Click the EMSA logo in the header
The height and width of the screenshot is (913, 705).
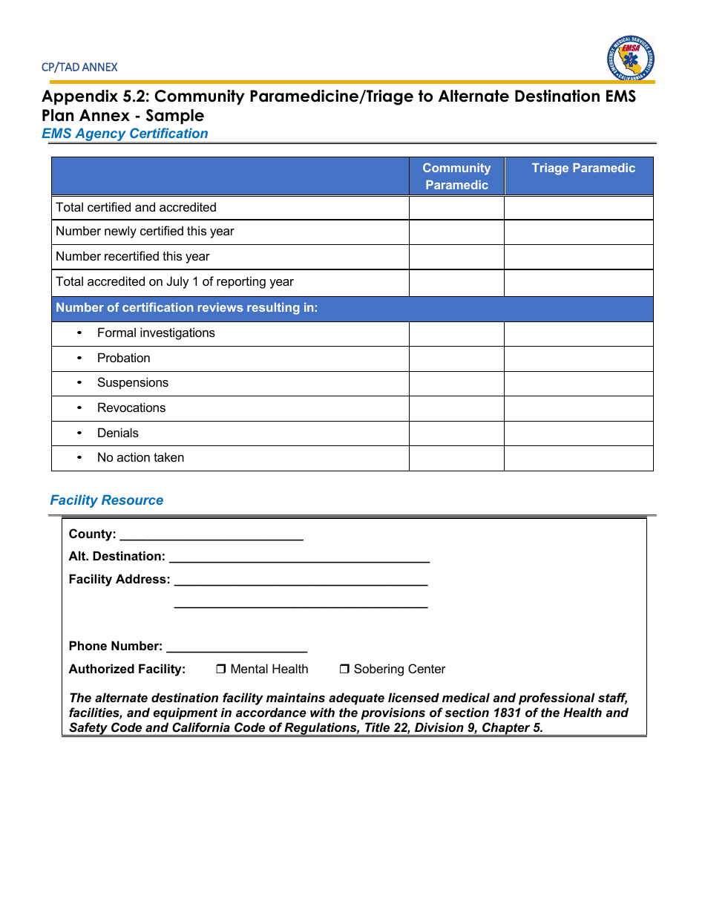tap(630, 59)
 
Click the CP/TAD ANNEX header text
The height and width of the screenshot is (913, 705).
tap(79, 67)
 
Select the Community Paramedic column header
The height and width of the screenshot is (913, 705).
tap(456, 177)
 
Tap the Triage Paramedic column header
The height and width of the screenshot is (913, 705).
tap(583, 168)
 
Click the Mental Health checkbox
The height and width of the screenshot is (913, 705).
tap(221, 670)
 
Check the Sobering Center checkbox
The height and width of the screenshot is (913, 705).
tap(344, 670)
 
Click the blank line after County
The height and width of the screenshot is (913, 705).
tap(211, 535)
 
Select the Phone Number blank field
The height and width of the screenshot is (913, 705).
tap(237, 647)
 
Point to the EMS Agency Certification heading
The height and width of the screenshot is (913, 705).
tap(125, 134)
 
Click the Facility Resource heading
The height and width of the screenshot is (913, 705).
tap(106, 500)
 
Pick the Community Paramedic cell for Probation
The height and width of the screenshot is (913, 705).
tap(456, 359)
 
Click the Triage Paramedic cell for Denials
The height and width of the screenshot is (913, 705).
tap(578, 433)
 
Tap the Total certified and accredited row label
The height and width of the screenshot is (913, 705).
tap(136, 208)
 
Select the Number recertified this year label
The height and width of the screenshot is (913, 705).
tap(132, 257)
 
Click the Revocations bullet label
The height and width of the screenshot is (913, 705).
tap(131, 408)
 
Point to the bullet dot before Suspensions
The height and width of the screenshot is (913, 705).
tap(79, 383)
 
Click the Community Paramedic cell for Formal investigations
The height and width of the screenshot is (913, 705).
tap(456, 333)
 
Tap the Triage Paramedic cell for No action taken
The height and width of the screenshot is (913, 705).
tap(578, 458)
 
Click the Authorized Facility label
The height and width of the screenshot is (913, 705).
tap(127, 670)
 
